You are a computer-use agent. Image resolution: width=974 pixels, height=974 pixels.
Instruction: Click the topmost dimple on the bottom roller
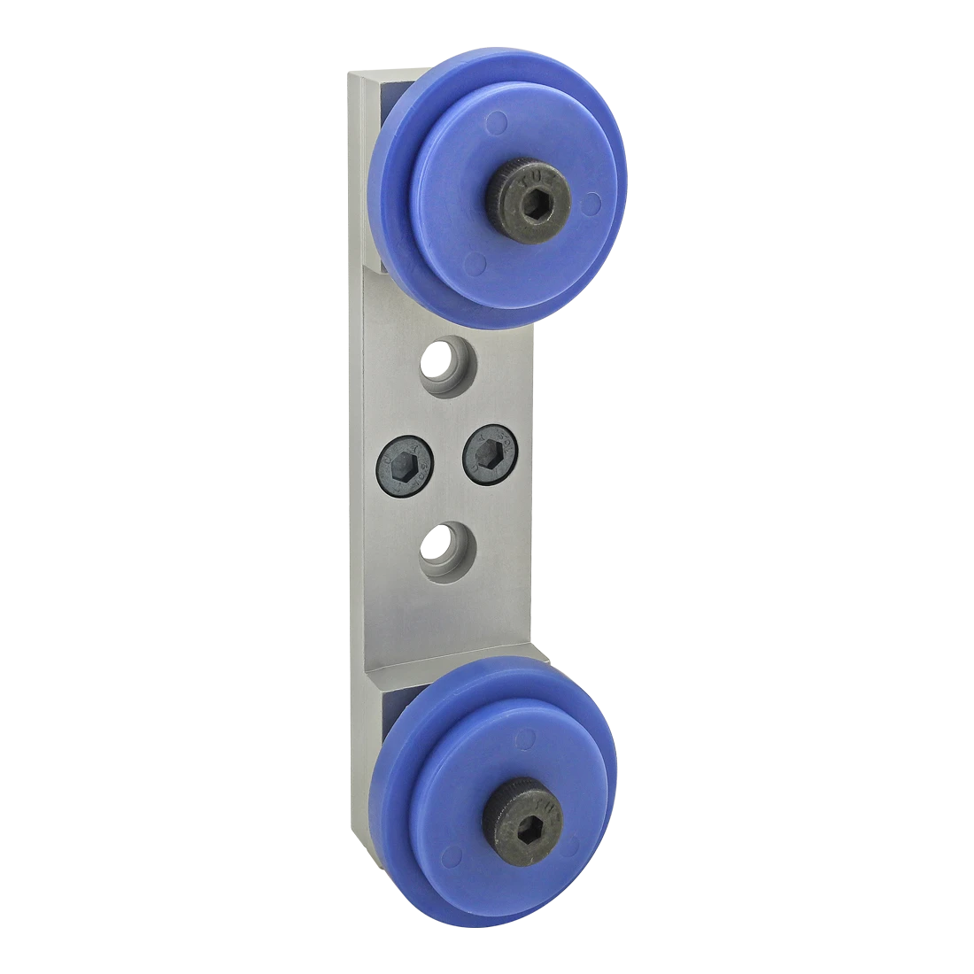(529, 736)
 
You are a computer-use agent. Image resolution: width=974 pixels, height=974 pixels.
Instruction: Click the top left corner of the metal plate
(352, 69)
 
